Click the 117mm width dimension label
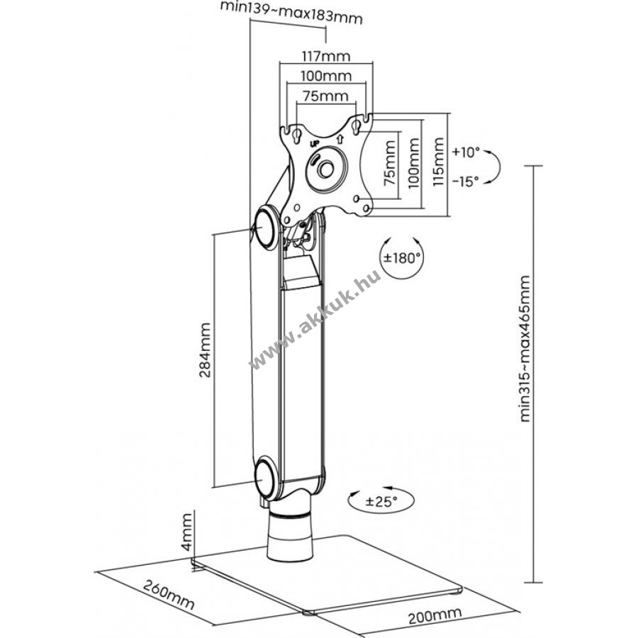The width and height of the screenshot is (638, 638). tap(325, 55)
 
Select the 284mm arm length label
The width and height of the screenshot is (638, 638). tap(205, 350)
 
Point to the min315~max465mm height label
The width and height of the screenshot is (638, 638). tap(525, 349)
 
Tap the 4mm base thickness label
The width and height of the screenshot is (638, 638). tap(186, 532)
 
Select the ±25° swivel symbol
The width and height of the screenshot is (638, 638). tap(381, 500)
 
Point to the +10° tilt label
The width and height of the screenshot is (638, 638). tap(466, 152)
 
